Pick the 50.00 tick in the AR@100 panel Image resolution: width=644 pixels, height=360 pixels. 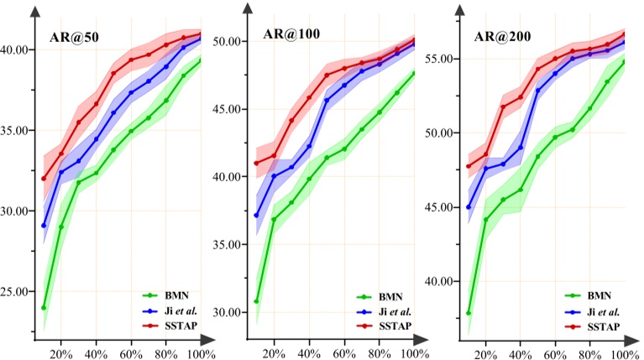228,41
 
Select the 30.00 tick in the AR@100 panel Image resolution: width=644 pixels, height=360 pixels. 228,312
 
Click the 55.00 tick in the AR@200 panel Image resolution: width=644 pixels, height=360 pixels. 441,59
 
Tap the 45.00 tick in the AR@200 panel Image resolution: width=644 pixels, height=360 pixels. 441,206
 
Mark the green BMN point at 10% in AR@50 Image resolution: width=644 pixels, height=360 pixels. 44,308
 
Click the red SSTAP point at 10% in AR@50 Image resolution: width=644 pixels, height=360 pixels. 44,178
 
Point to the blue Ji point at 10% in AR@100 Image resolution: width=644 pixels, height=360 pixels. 256,216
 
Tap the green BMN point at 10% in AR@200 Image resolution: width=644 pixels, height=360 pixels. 469,313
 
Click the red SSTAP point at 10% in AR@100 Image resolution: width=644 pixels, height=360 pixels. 256,163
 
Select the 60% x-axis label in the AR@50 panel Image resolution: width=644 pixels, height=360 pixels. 131,354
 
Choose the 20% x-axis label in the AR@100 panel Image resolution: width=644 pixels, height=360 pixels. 274,354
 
